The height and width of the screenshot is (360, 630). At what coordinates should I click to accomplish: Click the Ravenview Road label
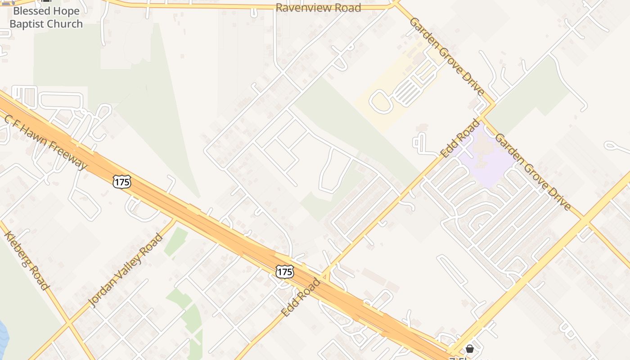[x=318, y=8]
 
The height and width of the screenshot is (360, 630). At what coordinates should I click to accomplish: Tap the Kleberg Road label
[x=26, y=261]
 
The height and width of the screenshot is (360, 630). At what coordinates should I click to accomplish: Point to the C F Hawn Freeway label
[x=45, y=142]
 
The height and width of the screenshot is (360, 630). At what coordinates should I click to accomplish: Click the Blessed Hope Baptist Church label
[x=46, y=18]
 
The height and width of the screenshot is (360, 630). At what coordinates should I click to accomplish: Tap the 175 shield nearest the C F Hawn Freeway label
[x=122, y=182]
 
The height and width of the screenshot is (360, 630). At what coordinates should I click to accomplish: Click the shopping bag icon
[x=470, y=349]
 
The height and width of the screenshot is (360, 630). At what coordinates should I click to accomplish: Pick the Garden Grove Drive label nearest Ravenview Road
[x=446, y=56]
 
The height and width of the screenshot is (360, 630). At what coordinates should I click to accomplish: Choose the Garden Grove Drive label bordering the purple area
[x=533, y=171]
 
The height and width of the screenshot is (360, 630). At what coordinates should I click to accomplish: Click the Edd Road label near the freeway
[x=301, y=297]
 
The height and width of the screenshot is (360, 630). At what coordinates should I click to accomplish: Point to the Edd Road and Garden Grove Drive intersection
[x=482, y=118]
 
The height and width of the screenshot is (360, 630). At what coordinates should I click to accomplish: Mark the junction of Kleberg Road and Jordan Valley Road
[x=68, y=323]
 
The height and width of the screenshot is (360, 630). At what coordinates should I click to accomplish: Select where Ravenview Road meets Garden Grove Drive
[x=395, y=4]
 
